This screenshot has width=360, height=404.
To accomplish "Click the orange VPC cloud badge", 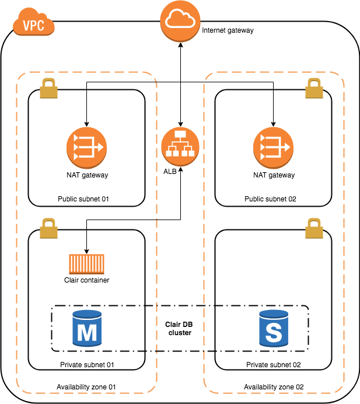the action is tap(34, 22).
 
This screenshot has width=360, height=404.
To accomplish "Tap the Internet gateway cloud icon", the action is tap(180, 21).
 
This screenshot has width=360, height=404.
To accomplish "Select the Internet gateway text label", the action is tap(228, 30).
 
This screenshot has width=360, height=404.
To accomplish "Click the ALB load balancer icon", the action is tap(180, 147).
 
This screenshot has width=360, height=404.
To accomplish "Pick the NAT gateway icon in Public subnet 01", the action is tap(86, 148).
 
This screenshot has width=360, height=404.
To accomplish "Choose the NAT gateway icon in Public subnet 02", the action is tap(273, 148).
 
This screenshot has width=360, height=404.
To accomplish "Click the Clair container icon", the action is tap(86, 264).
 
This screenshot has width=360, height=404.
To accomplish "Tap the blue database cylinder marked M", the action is tap(87, 328).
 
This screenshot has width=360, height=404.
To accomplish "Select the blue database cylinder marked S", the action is tap(274, 328).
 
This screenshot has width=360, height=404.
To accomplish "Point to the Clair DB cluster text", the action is tap(180, 329).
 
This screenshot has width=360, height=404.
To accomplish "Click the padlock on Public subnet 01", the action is tap(48, 88).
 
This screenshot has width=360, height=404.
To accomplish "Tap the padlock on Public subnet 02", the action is tap(314, 88).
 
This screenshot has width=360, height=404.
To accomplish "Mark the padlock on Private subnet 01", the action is tap(48, 228).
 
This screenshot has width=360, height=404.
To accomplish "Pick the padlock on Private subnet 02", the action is tap(314, 228).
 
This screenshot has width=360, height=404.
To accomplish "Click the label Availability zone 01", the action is tap(86, 387).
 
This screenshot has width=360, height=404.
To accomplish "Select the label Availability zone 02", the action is tap(274, 387).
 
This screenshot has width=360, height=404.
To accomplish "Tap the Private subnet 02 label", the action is tap(274, 365).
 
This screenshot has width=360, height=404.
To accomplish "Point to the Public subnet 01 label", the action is tap(83, 199).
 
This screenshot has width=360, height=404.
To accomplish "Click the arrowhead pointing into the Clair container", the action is tap(86, 252).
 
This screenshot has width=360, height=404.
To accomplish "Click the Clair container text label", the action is tap(86, 280).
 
